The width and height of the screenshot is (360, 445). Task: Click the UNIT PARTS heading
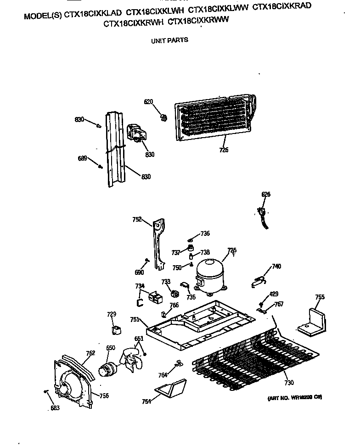[169, 40]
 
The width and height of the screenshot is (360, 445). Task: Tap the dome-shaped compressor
[209, 275]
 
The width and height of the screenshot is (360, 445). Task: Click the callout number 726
[223, 150]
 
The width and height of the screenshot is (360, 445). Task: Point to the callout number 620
[148, 101]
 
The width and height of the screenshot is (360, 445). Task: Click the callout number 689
[82, 159]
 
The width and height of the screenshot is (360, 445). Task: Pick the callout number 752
[137, 220]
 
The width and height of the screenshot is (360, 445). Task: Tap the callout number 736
[205, 234]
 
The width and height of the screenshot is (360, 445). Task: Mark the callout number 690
[139, 273]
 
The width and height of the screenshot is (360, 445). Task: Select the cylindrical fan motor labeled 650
[109, 368]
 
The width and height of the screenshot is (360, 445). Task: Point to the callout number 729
[112, 314]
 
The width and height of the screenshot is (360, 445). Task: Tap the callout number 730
[288, 383]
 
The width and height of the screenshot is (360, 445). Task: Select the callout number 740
[276, 267]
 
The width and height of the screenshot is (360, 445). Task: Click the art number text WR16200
[294, 398]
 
